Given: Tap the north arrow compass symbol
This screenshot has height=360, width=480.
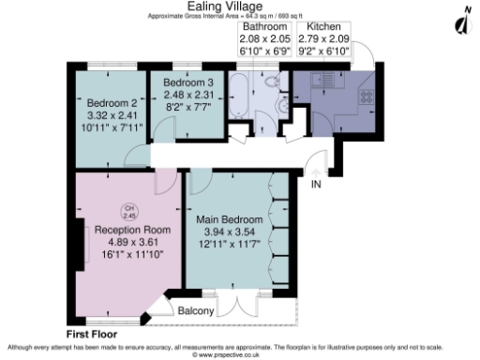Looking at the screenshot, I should coord(460,21).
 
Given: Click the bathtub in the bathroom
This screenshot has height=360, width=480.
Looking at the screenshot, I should coord(238,97).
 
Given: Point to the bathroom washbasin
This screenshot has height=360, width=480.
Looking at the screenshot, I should coord(277,108).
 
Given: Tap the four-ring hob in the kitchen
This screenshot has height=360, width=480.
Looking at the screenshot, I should coord(367,97).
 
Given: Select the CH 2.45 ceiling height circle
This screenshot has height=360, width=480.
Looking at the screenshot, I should coord(128,212).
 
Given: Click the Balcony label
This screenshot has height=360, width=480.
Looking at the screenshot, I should coord(197,310).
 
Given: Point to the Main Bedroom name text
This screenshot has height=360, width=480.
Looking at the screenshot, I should coord(230,220).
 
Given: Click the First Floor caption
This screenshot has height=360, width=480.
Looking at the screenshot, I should coord(95,333).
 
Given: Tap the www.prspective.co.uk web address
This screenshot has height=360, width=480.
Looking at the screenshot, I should coord(239,355).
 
